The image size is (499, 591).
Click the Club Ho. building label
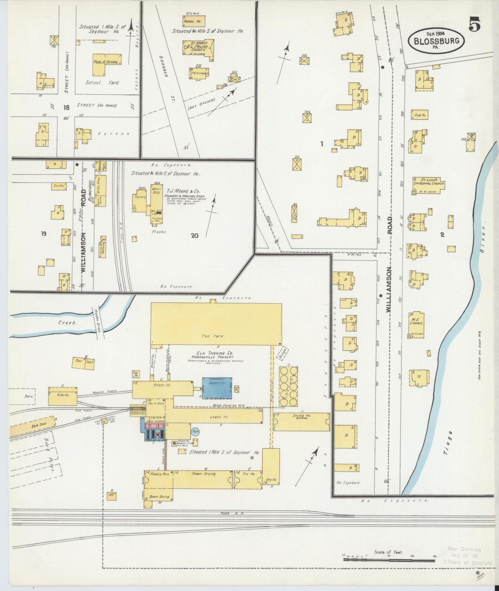click(420, 115)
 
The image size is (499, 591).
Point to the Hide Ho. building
click(62, 395)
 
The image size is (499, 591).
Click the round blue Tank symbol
click(195, 431)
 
